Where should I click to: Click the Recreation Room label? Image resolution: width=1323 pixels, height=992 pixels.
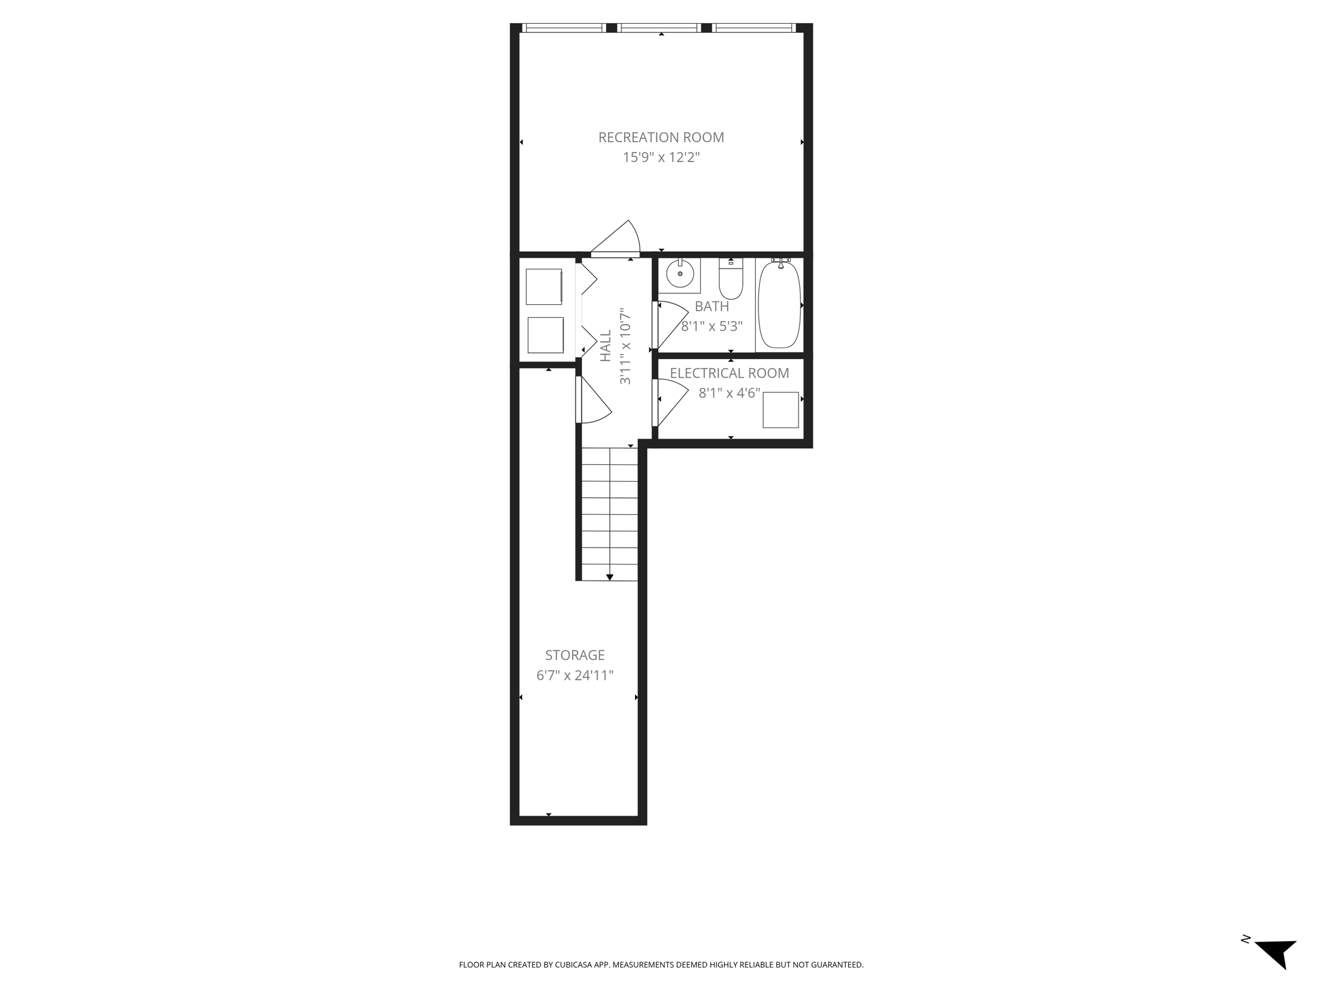coord(661,138)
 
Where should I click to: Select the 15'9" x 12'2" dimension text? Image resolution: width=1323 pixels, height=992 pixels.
coord(661,158)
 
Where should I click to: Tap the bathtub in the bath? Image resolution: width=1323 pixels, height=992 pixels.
coord(779,305)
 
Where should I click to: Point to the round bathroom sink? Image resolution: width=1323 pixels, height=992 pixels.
coord(680,274)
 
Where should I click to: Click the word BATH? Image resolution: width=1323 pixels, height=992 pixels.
coord(711,307)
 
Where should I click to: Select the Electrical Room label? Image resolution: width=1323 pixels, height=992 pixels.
coord(729,373)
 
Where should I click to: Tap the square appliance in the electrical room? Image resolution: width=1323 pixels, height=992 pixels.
coord(780,409)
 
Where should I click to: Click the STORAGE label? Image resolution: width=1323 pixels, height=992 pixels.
coord(574,656)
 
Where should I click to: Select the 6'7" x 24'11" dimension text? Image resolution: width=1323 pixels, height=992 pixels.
coord(574,676)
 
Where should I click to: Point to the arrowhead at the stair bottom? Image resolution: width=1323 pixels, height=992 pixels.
coord(609,577)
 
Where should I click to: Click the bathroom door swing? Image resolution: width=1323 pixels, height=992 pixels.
coord(672,323)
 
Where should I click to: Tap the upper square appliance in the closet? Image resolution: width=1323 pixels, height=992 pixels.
coord(543,286)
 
